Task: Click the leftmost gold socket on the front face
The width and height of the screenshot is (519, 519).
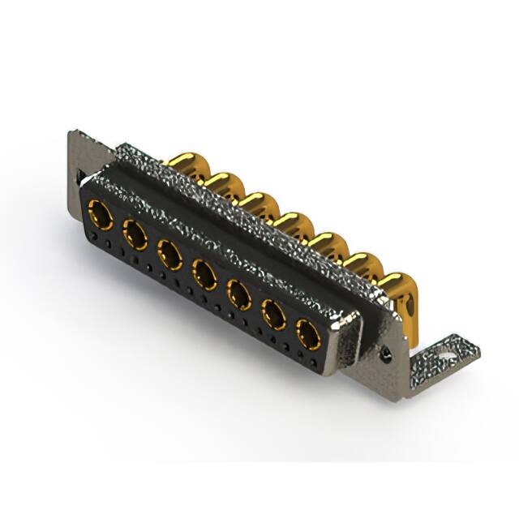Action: (101, 217)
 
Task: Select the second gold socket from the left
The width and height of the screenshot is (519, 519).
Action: (135, 236)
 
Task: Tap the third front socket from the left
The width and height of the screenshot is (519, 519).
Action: (169, 255)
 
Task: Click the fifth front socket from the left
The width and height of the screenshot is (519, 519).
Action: (239, 294)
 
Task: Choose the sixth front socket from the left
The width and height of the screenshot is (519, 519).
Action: (274, 313)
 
